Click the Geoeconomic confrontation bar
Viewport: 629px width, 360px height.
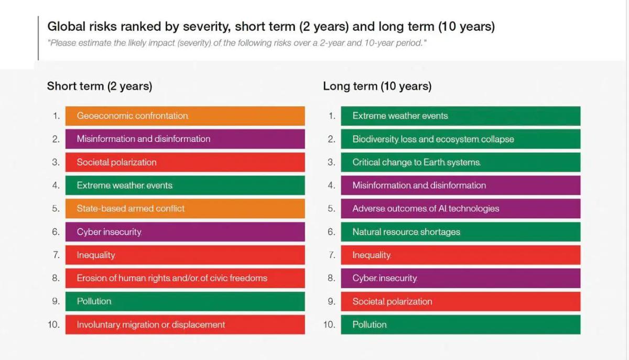click(x=185, y=116)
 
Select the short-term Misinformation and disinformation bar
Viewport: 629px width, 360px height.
click(x=185, y=139)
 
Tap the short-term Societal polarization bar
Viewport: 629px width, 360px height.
click(x=185, y=162)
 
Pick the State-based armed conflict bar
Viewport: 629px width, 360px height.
click(x=185, y=209)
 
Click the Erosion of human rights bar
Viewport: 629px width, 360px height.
click(x=185, y=278)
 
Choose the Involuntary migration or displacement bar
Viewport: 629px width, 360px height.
click(x=185, y=324)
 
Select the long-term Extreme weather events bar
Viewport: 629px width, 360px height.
click(x=460, y=116)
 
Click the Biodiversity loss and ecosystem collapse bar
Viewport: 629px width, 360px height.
click(x=460, y=139)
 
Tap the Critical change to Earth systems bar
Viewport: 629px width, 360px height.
click(x=460, y=162)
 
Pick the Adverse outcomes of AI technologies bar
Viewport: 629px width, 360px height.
click(x=460, y=209)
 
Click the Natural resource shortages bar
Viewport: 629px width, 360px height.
click(x=460, y=232)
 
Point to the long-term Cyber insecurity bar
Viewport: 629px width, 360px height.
click(x=460, y=278)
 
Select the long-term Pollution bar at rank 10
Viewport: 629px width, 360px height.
click(x=460, y=324)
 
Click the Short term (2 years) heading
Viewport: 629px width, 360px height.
click(x=100, y=86)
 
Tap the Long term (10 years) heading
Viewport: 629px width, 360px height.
click(x=377, y=86)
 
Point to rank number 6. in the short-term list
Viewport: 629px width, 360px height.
click(x=56, y=232)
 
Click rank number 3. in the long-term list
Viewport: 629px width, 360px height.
click(x=331, y=162)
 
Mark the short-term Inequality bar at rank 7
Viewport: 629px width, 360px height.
click(x=185, y=255)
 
